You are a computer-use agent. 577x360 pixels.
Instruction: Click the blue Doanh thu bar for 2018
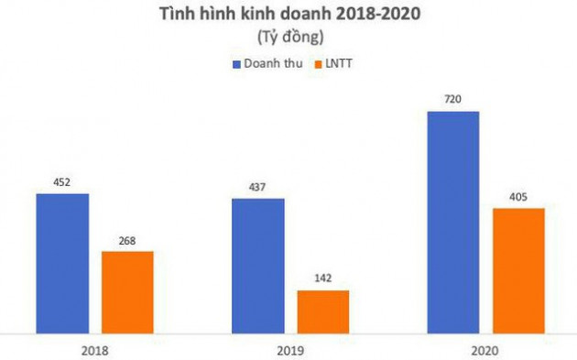(62, 263)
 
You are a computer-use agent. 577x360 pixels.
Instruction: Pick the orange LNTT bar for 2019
(323, 311)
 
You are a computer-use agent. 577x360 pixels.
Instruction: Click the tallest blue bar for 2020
(453, 222)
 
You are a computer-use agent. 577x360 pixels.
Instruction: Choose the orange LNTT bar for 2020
(518, 270)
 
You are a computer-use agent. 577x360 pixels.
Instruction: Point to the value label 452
(62, 183)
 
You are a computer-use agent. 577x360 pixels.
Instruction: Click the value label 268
(127, 241)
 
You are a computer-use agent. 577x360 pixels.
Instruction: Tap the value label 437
(257, 189)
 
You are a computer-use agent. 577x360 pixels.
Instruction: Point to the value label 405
(518, 198)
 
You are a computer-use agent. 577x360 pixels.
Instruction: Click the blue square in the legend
(237, 65)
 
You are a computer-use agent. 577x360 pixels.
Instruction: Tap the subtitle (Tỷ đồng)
(288, 38)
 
